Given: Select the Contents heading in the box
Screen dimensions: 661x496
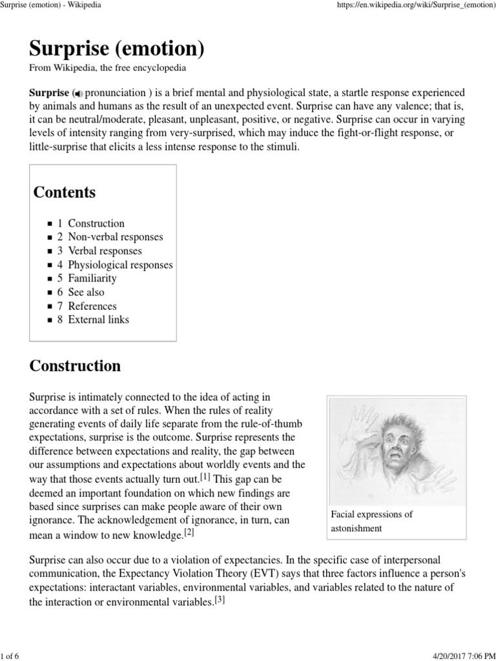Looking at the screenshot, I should [x=65, y=192].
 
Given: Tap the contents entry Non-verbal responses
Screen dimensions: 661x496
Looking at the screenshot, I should [x=115, y=237].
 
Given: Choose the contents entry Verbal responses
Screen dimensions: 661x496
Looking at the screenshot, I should [x=105, y=251].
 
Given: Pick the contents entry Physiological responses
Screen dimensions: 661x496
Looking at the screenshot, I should [x=120, y=265].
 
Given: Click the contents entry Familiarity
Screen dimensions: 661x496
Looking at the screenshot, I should [x=92, y=278].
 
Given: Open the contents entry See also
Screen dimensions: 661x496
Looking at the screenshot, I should [x=86, y=292].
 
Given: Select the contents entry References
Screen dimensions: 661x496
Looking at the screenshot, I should [x=92, y=306].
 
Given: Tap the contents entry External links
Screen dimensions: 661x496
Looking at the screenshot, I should [x=98, y=320].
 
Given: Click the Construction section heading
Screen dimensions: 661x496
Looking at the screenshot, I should [x=75, y=366].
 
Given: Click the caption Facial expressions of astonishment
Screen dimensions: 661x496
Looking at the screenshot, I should [x=371, y=522].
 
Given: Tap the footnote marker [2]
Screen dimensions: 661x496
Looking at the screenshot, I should [x=189, y=533].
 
